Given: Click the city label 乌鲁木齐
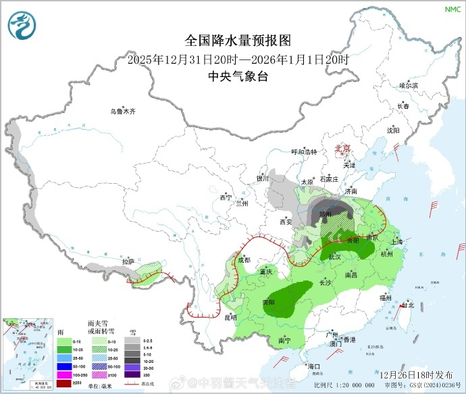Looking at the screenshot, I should (x=124, y=111).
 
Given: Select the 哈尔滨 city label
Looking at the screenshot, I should (x=409, y=86).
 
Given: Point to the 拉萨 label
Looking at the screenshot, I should (x=128, y=262).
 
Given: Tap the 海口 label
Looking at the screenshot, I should (x=313, y=366).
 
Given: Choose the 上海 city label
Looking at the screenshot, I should (x=396, y=242).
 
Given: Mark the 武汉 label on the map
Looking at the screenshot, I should (x=335, y=257).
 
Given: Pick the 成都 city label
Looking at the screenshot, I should (x=244, y=260).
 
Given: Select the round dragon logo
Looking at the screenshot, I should (x=22, y=26).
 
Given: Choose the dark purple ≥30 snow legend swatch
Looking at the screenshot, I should (x=133, y=374).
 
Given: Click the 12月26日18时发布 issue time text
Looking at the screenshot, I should (x=416, y=374).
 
